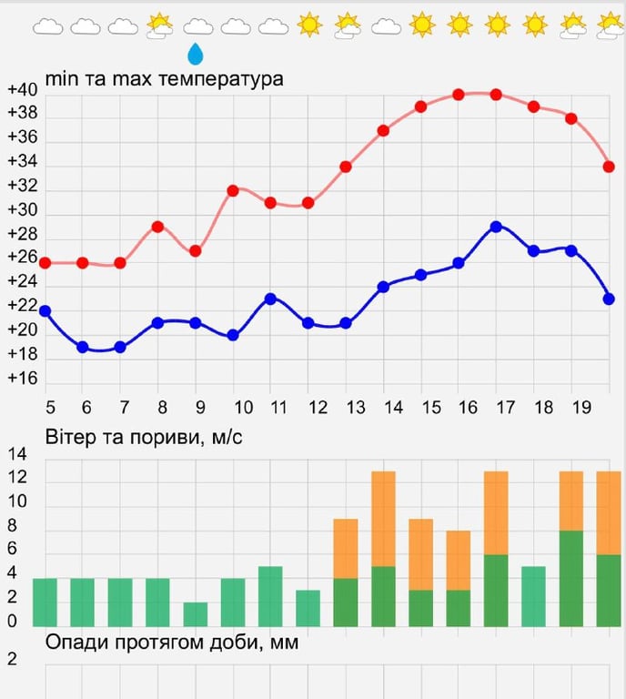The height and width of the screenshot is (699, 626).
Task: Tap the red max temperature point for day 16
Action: pos(459,95)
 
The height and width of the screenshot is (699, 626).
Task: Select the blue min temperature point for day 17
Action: pos(496,226)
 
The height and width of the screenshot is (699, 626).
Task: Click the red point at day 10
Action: pos(233,191)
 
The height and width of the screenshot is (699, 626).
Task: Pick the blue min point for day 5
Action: pos(45,311)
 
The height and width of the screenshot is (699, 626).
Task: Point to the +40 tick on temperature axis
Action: pos(22,90)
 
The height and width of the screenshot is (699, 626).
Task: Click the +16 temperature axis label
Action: pos(22,379)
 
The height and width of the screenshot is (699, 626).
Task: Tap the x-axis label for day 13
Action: pos(356,407)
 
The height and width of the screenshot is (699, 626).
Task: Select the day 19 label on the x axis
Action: pos(579,407)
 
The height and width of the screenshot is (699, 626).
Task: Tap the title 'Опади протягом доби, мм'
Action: pos(172,643)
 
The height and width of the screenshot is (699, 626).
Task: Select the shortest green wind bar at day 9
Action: pos(196,614)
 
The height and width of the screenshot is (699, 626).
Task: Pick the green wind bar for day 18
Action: pos(533,596)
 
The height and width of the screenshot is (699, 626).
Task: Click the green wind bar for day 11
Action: pos(270,596)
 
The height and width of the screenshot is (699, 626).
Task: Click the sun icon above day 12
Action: pos(310,25)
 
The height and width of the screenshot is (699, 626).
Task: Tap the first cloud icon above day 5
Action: pos(47,26)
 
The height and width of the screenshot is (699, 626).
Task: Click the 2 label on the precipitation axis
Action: pos(12,659)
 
